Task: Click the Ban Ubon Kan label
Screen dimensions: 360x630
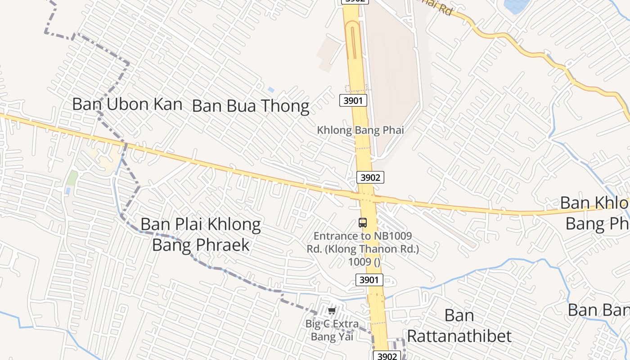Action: [127, 104]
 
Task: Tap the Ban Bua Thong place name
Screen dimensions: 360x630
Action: [251, 107]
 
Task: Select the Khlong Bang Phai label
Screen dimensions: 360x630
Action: [360, 130]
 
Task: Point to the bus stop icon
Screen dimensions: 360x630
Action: [363, 222]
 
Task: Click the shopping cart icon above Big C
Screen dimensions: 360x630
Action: [332, 310]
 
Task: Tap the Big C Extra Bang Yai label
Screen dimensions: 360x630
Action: [332, 330]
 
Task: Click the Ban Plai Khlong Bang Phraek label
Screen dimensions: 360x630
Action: [201, 234]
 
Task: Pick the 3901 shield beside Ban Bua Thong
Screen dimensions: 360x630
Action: [353, 100]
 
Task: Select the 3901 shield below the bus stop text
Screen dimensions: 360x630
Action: [369, 280]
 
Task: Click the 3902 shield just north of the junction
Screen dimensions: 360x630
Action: [370, 177]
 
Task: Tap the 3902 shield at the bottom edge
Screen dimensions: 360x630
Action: [387, 356]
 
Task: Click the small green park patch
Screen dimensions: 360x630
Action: [72, 178]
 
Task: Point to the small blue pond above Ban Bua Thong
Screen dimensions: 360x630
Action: [271, 90]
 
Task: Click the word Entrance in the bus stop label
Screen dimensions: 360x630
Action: [332, 236]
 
